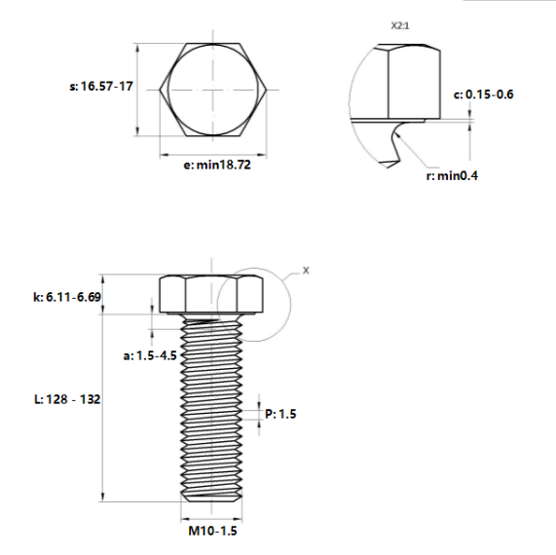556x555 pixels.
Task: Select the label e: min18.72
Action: pos(217,165)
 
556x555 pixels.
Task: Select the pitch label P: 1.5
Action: pos(280,414)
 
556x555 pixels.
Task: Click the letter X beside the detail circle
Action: pos(305,270)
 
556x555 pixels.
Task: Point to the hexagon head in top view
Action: pos(213,90)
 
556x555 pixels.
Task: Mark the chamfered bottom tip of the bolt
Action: pos(213,500)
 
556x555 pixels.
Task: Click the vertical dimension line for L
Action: pos(103,409)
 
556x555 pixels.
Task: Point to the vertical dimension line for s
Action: pos(139,90)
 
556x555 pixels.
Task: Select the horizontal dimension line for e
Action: pos(213,153)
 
